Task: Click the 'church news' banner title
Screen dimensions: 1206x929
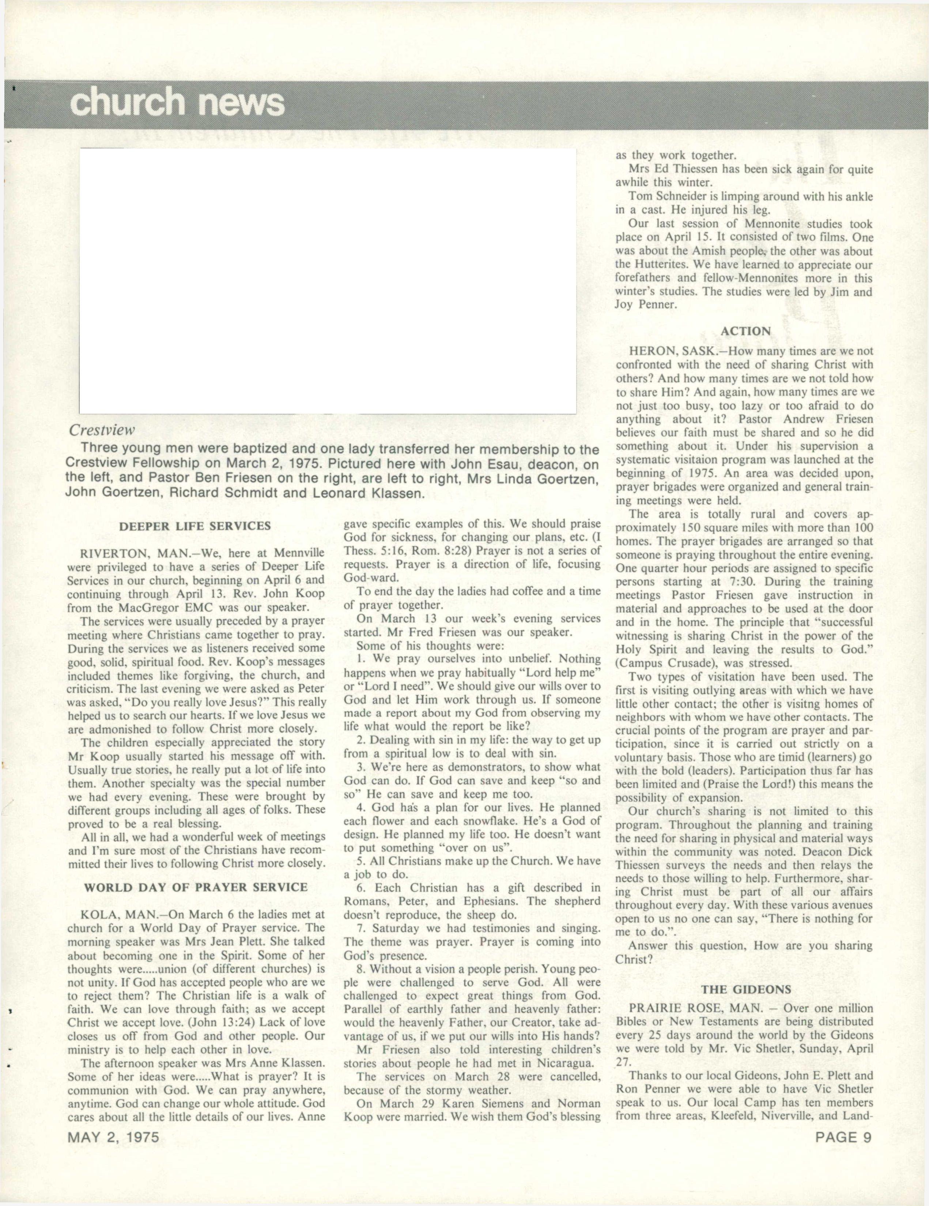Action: pyautogui.click(x=178, y=103)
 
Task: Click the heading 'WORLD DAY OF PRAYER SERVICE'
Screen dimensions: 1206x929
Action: pyautogui.click(x=195, y=887)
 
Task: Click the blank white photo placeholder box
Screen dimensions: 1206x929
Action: pyautogui.click(x=328, y=280)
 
